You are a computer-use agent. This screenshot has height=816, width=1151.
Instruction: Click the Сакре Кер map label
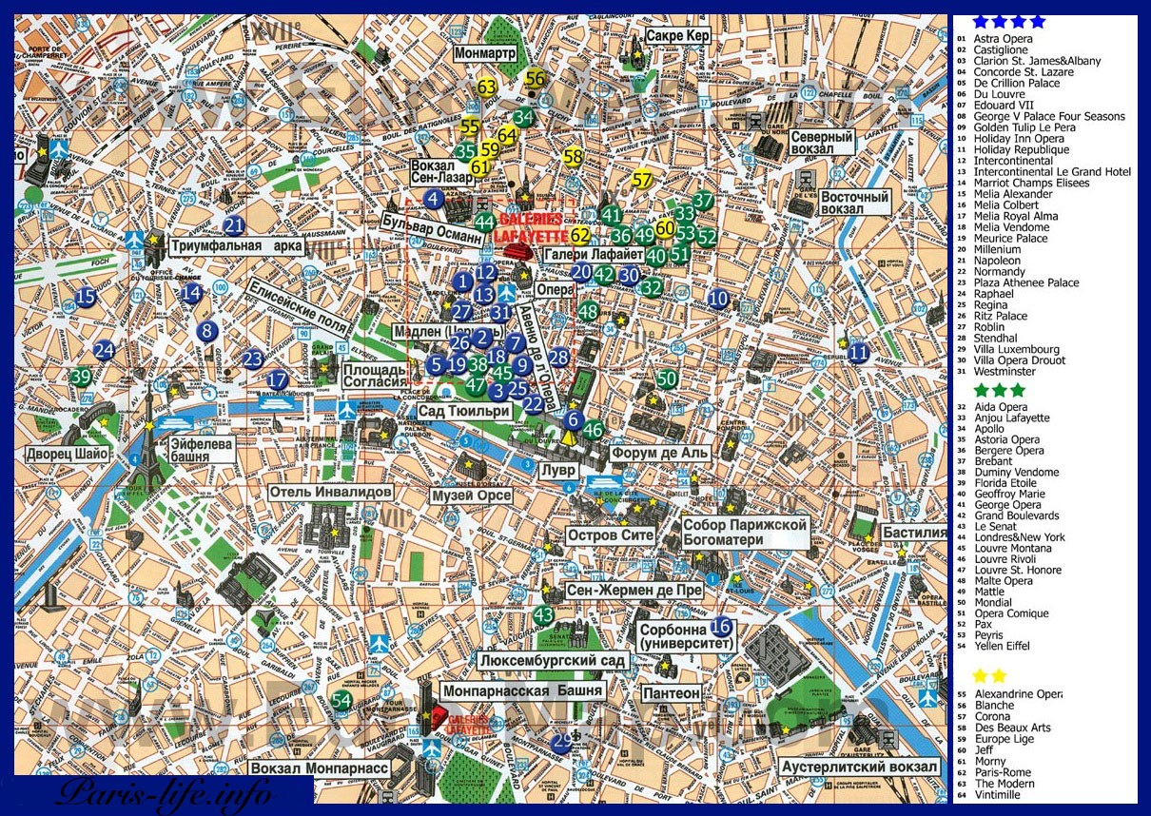point(676,36)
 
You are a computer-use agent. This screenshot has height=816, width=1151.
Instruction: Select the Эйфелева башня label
point(203,449)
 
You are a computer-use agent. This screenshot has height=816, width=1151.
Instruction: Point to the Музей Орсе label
point(472,495)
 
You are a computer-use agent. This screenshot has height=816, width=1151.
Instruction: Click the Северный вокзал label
point(824,143)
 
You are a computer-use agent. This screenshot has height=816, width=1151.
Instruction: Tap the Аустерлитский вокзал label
point(859,767)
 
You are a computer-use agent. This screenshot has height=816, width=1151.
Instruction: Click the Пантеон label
point(672,694)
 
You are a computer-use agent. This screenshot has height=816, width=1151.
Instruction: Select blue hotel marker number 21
point(234,225)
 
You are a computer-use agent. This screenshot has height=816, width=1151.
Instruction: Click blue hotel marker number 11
point(858,352)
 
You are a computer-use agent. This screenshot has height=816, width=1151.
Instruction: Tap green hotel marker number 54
point(342,700)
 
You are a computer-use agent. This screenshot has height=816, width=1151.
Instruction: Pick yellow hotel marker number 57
point(643,179)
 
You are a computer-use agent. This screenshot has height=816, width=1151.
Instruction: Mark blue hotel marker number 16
point(721,626)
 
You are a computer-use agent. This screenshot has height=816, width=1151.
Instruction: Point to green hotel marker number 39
point(81,377)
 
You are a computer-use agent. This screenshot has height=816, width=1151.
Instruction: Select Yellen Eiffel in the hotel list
point(1002,646)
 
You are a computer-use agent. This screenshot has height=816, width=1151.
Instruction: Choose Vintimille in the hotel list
point(997,794)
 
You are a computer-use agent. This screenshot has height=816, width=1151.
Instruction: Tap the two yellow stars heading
point(989,675)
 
